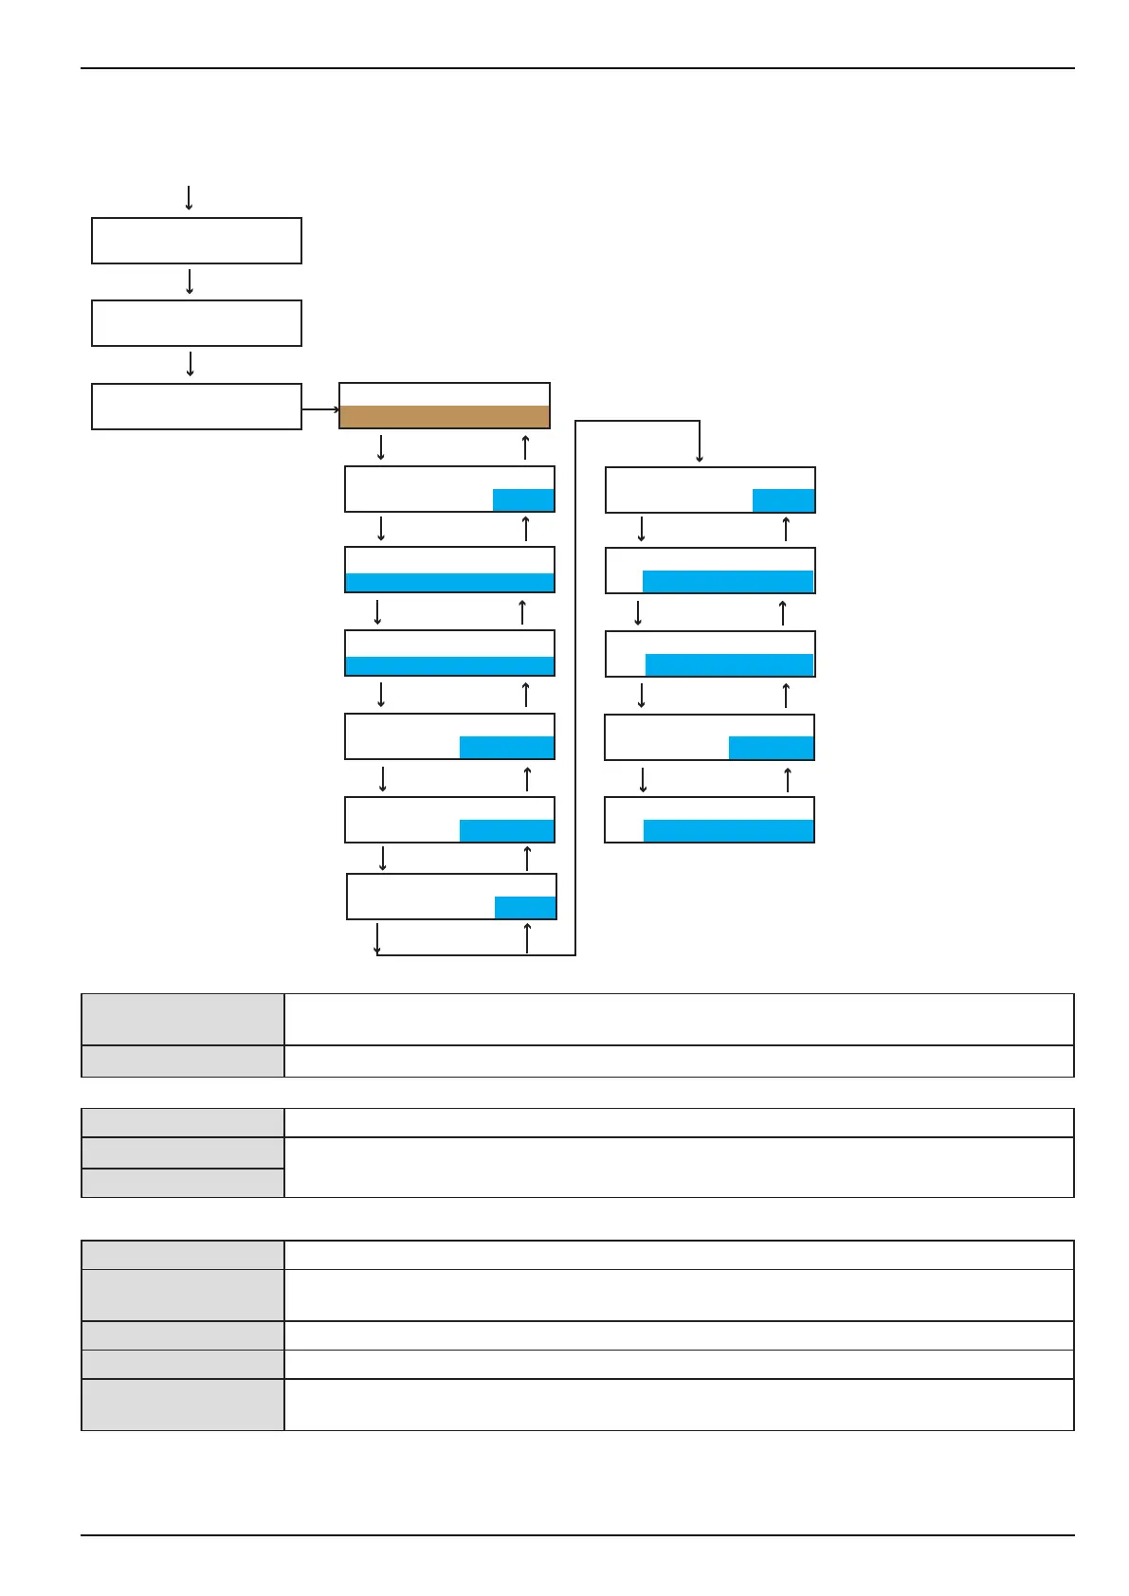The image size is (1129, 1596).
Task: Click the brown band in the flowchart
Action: pyautogui.click(x=445, y=417)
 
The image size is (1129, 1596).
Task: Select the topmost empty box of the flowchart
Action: pyautogui.click(x=196, y=241)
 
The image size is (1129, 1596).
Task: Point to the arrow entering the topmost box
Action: pyautogui.click(x=189, y=198)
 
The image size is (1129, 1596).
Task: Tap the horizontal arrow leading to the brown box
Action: pyautogui.click(x=320, y=409)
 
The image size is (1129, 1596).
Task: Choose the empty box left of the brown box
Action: pyautogui.click(x=196, y=407)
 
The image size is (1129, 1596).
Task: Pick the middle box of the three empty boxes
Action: pyautogui.click(x=196, y=323)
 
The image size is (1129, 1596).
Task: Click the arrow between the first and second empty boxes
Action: pyautogui.click(x=191, y=281)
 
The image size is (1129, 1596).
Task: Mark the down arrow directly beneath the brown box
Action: pyautogui.click(x=381, y=446)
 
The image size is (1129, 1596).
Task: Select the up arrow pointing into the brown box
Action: pyautogui.click(x=525, y=446)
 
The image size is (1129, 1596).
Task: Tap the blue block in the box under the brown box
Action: pyautogui.click(x=523, y=500)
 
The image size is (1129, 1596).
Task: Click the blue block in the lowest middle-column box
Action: pyautogui.click(x=525, y=907)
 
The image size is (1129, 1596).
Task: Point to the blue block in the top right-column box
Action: pyautogui.click(x=783, y=500)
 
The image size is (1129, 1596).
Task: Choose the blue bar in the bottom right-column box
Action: pyautogui.click(x=728, y=831)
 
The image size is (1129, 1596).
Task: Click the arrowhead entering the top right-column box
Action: pyautogui.click(x=700, y=459)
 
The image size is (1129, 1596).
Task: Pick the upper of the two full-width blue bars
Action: pyautogui.click(x=449, y=582)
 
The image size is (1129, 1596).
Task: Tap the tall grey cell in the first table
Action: pyautogui.click(x=183, y=1019)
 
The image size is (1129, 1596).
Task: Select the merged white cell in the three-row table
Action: pyautogui.click(x=679, y=1167)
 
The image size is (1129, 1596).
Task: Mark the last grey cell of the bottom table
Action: pyautogui.click(x=183, y=1404)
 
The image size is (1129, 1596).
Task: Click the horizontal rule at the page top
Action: pyautogui.click(x=577, y=68)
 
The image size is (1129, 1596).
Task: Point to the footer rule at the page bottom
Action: pyautogui.click(x=577, y=1535)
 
